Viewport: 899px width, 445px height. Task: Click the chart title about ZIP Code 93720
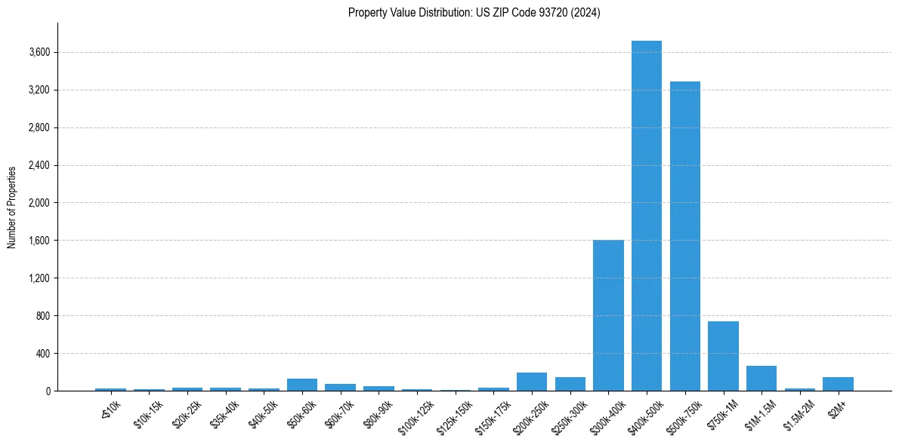click(x=474, y=13)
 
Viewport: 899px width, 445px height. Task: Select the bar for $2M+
click(x=838, y=384)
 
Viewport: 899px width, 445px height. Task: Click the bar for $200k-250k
click(x=532, y=382)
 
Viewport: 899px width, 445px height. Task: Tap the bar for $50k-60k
click(x=302, y=385)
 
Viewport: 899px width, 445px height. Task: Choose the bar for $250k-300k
click(x=570, y=384)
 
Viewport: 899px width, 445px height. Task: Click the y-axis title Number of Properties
click(x=12, y=207)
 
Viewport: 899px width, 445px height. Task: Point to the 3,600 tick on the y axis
click(x=39, y=53)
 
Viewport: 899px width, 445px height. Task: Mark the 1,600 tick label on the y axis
click(x=39, y=241)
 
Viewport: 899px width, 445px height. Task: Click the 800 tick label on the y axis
click(x=42, y=316)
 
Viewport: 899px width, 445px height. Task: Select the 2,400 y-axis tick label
click(x=39, y=165)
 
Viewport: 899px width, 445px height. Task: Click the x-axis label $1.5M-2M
click(x=798, y=413)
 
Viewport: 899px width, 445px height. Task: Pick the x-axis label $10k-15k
click(x=147, y=413)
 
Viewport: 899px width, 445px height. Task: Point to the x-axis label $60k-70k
click(x=338, y=413)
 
